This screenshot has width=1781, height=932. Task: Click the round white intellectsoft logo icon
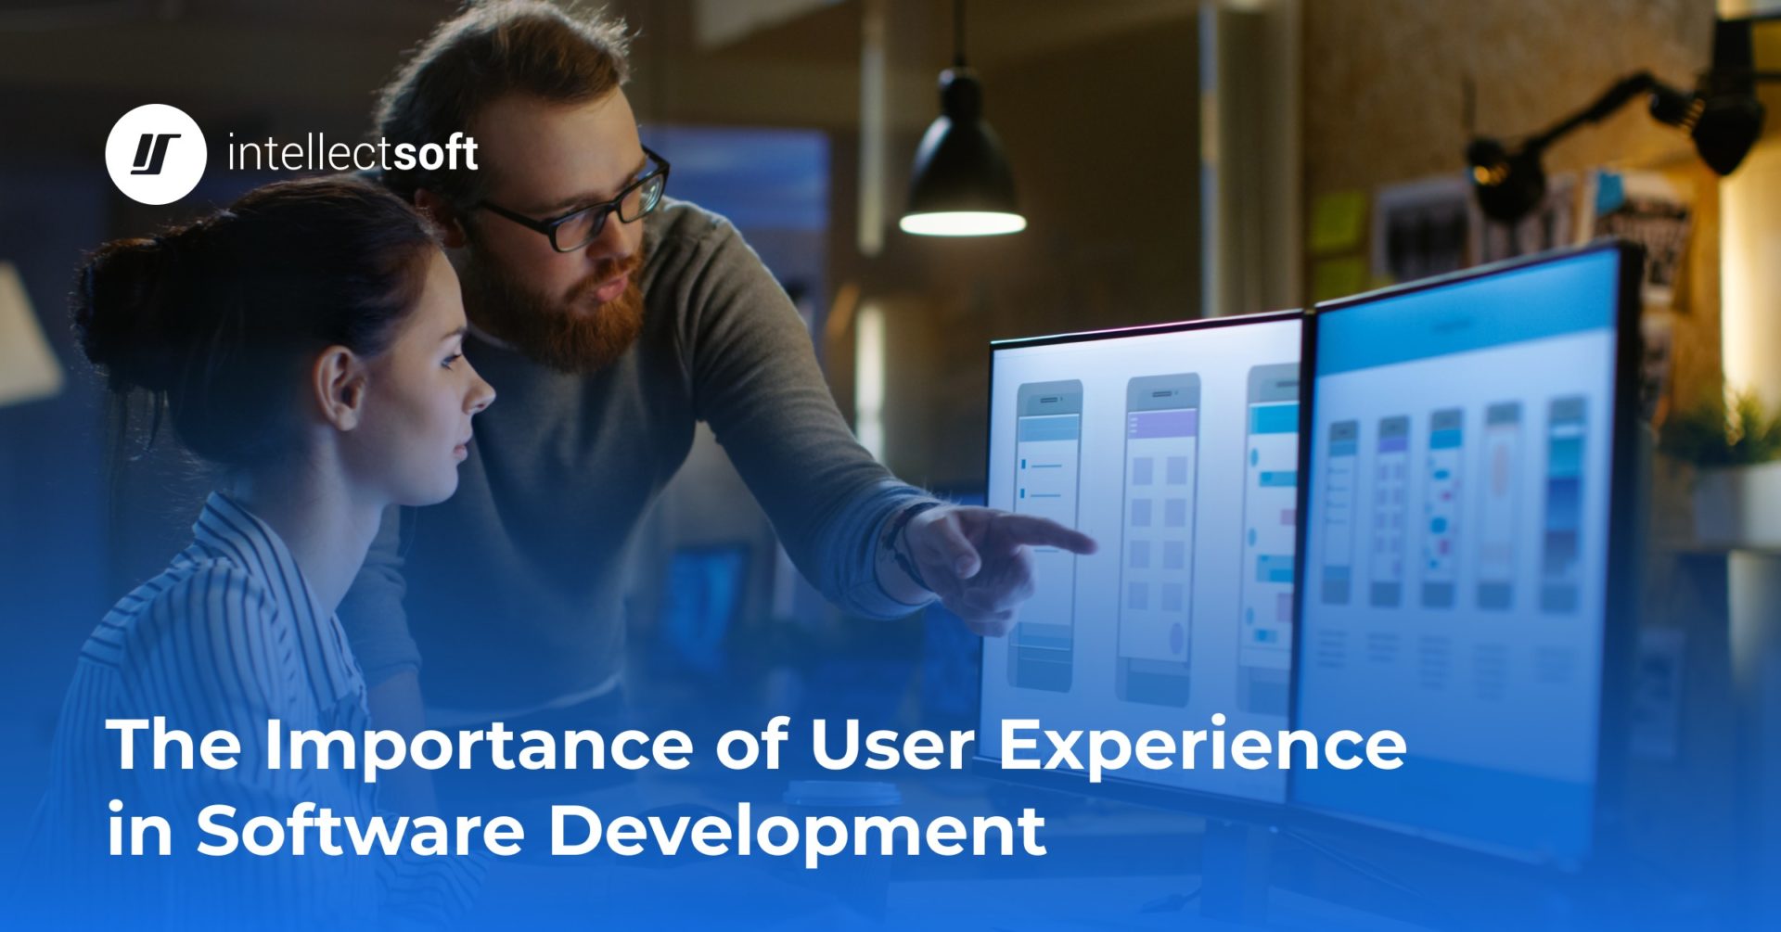coord(155,154)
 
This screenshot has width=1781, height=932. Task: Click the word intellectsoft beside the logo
coord(352,154)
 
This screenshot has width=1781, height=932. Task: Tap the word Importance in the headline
coord(479,745)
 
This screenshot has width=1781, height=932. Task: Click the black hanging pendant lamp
coord(961,176)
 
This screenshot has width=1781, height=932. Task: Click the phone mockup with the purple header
coord(1159,538)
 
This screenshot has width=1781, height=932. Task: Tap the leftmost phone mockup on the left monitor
coord(1048,533)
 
